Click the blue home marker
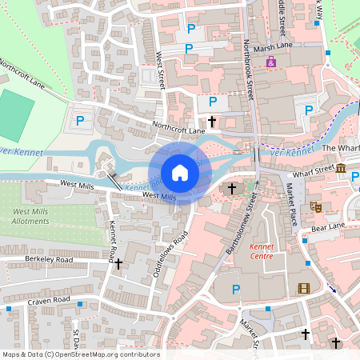click(x=180, y=173)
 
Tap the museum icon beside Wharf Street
click(x=341, y=168)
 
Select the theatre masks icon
click(x=315, y=206)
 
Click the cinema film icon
click(x=303, y=288)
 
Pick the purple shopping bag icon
click(x=271, y=62)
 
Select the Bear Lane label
click(x=327, y=227)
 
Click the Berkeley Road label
click(x=49, y=260)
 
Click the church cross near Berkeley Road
click(x=118, y=263)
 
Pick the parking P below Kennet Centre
click(x=235, y=289)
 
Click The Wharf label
click(x=340, y=149)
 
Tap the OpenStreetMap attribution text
click(x=80, y=354)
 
